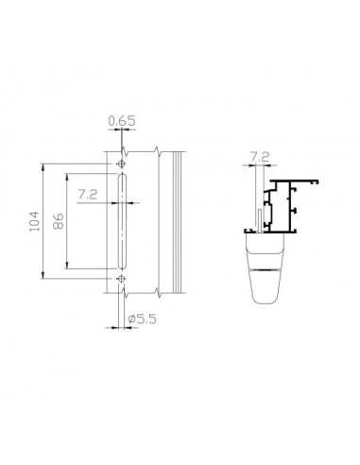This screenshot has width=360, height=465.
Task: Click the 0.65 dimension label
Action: point(122,121)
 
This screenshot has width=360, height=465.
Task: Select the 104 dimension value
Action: point(34,221)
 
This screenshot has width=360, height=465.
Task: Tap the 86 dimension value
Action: point(59,221)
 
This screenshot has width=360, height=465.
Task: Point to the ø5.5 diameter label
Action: point(143,319)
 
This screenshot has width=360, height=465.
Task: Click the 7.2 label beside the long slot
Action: point(88,195)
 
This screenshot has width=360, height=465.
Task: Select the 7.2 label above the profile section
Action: point(260,157)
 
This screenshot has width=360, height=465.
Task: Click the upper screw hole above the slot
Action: point(122,164)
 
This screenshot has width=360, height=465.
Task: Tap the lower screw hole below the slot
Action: point(122,279)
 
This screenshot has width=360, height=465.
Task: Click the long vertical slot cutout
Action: point(122,221)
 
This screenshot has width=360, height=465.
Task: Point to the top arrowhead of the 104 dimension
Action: point(43,165)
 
